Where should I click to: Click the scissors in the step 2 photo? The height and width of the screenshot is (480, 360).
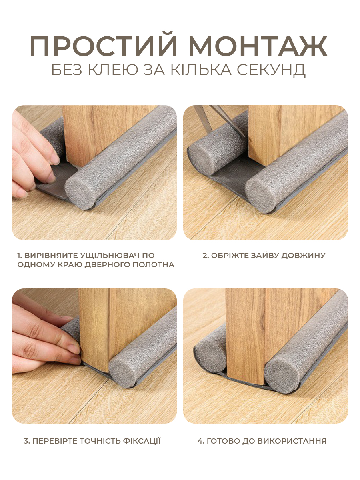pyautogui.click(x=220, y=120)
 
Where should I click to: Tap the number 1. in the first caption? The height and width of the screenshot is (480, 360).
pyautogui.click(x=20, y=255)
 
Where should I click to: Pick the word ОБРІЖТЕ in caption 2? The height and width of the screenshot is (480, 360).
pyautogui.click(x=230, y=255)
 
